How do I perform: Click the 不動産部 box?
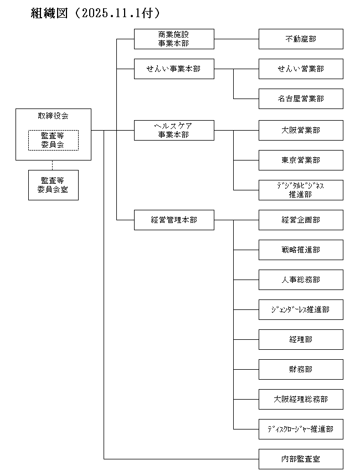(301, 39)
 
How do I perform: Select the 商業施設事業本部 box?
(174, 39)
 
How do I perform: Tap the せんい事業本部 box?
(174, 69)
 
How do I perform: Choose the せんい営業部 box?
(301, 69)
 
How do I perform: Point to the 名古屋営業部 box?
(301, 99)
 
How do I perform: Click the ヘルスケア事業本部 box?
(174, 130)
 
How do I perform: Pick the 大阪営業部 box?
(301, 130)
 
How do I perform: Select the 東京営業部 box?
(301, 160)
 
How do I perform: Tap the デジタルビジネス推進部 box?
(301, 190)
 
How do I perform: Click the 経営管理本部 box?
(174, 220)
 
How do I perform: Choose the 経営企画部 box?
(301, 220)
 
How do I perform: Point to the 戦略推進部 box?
(301, 250)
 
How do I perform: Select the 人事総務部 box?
(301, 280)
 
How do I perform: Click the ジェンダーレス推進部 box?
(301, 309)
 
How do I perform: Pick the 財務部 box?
(301, 369)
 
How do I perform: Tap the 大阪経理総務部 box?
(301, 399)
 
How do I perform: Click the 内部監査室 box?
(301, 459)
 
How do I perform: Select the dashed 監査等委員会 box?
(53, 140)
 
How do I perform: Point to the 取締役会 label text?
(53, 116)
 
